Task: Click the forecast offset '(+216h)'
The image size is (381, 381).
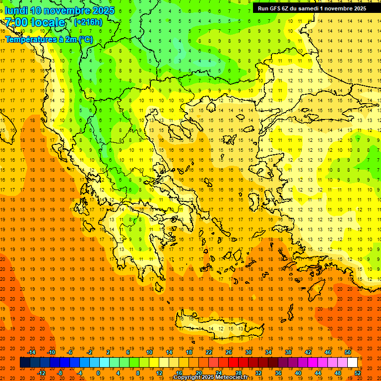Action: point(88,22)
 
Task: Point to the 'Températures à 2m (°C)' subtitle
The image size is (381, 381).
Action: point(49,39)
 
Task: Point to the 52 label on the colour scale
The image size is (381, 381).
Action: point(357,373)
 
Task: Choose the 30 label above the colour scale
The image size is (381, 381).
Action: point(248,352)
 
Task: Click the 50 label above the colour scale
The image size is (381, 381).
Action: point(347,352)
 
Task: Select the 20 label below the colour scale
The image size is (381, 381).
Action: point(198,373)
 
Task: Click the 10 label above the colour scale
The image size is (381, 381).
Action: point(149,352)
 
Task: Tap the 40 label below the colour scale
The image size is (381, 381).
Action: point(298,373)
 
